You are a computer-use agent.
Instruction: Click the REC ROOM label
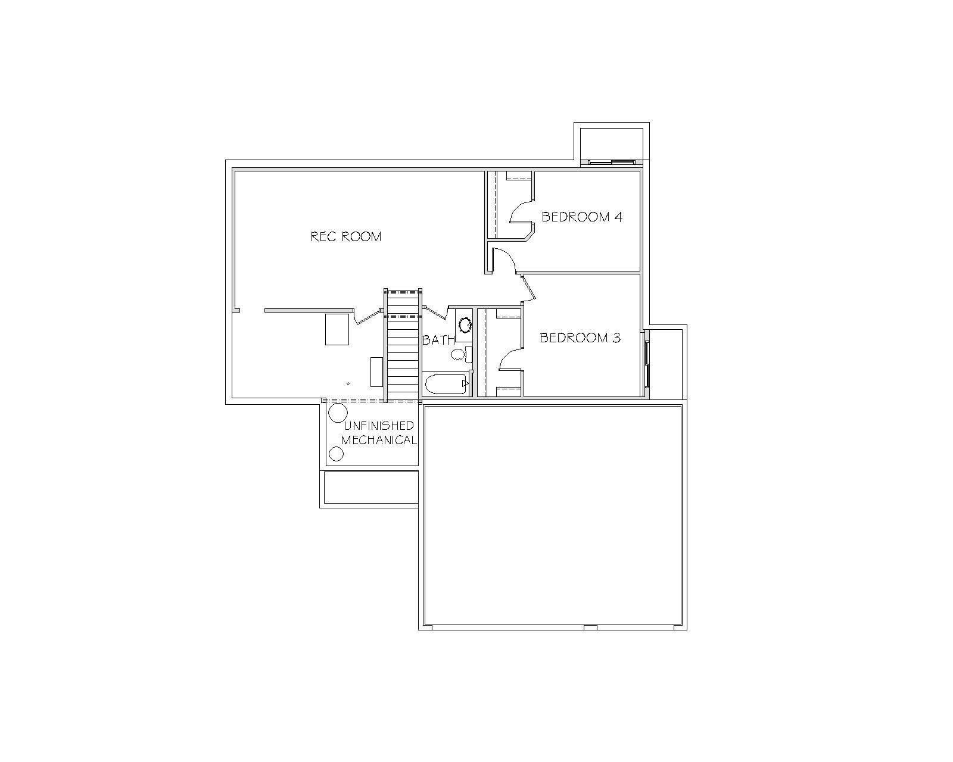pyautogui.click(x=346, y=236)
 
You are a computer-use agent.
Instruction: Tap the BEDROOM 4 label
pyautogui.click(x=582, y=217)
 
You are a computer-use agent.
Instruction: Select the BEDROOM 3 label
pyautogui.click(x=580, y=338)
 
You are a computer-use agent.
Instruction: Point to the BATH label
pyautogui.click(x=438, y=340)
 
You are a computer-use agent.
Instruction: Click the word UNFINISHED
pyautogui.click(x=379, y=426)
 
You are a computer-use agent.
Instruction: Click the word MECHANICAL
pyautogui.click(x=379, y=440)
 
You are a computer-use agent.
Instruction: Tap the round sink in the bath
pyautogui.click(x=465, y=325)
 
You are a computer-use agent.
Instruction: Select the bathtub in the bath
pyautogui.click(x=447, y=384)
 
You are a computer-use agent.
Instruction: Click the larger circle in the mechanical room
pyautogui.click(x=338, y=413)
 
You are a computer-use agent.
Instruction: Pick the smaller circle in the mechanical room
pyautogui.click(x=336, y=454)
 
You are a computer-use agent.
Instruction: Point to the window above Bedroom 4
pyautogui.click(x=612, y=162)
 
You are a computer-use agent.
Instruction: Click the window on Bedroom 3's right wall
pyautogui.click(x=647, y=364)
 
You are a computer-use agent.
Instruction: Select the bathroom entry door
pyautogui.click(x=436, y=313)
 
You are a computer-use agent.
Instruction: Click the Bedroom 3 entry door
pyautogui.click(x=529, y=289)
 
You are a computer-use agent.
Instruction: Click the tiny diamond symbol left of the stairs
pyautogui.click(x=348, y=383)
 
